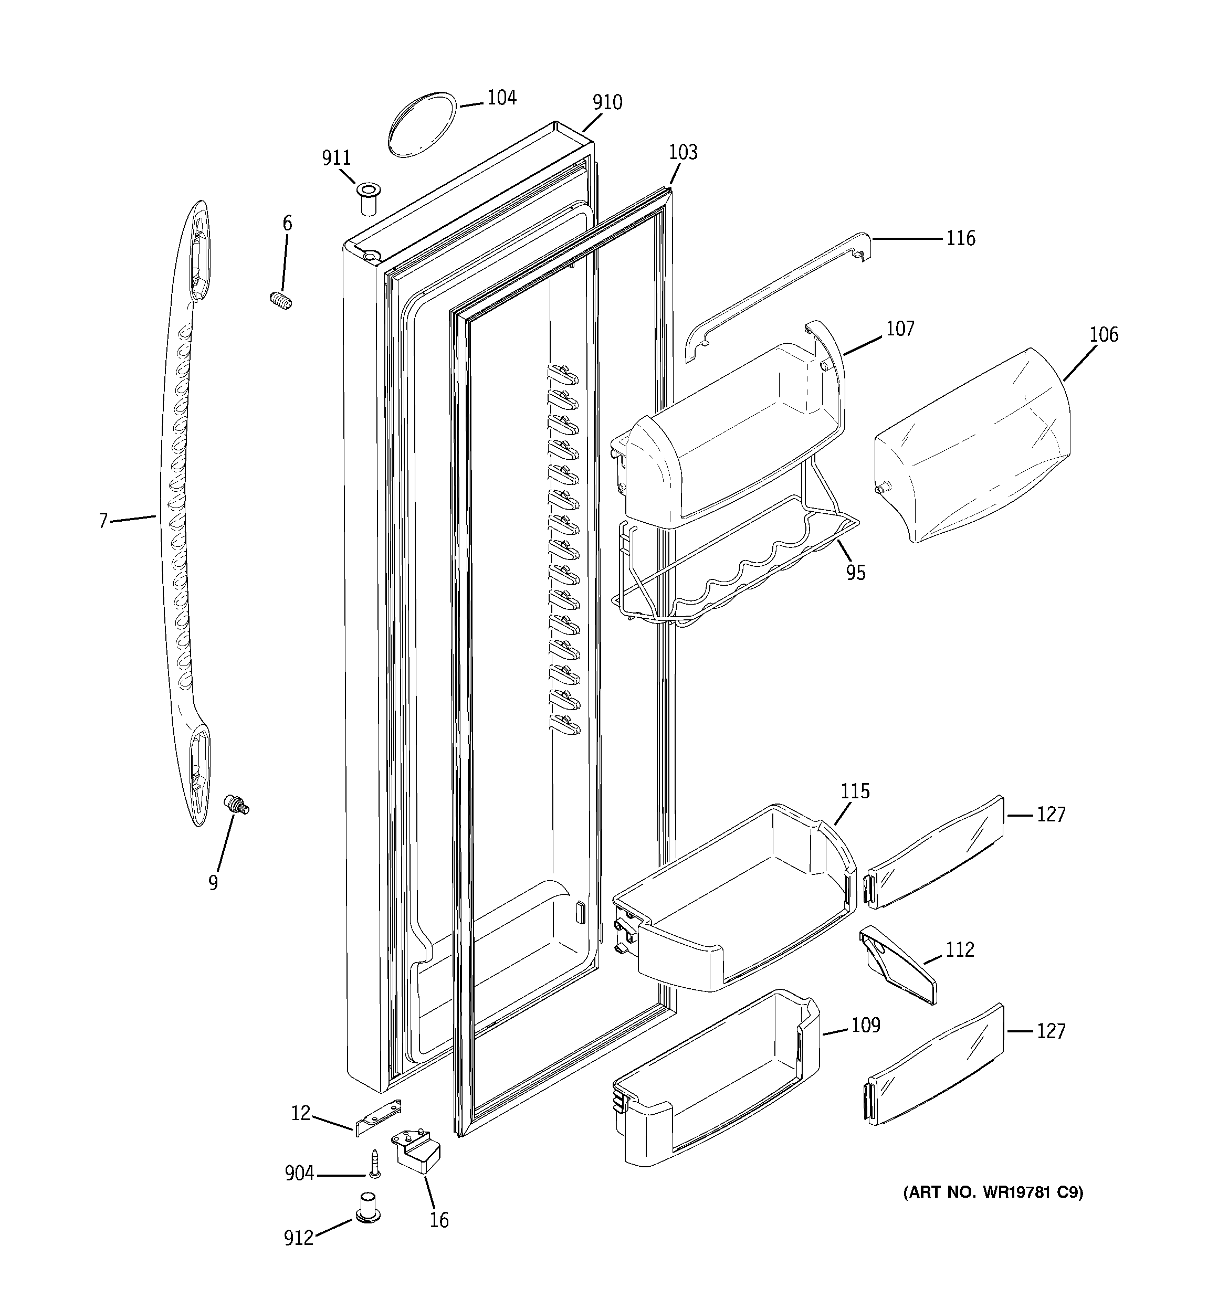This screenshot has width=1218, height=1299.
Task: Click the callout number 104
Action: pyautogui.click(x=501, y=98)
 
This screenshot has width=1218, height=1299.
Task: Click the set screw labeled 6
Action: pyautogui.click(x=280, y=301)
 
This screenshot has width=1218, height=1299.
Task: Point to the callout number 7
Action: pyautogui.click(x=103, y=521)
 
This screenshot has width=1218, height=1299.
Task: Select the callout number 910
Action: pyautogui.click(x=607, y=102)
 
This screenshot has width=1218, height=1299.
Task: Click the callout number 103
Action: pyautogui.click(x=683, y=152)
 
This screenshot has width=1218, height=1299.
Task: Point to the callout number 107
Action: pyautogui.click(x=900, y=329)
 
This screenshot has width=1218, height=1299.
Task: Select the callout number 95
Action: pyautogui.click(x=855, y=573)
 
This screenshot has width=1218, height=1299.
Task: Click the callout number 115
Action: pyautogui.click(x=855, y=792)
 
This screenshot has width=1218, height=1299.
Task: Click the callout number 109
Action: pyautogui.click(x=866, y=1025)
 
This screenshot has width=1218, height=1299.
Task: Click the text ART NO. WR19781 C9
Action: pyautogui.click(x=992, y=1192)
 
